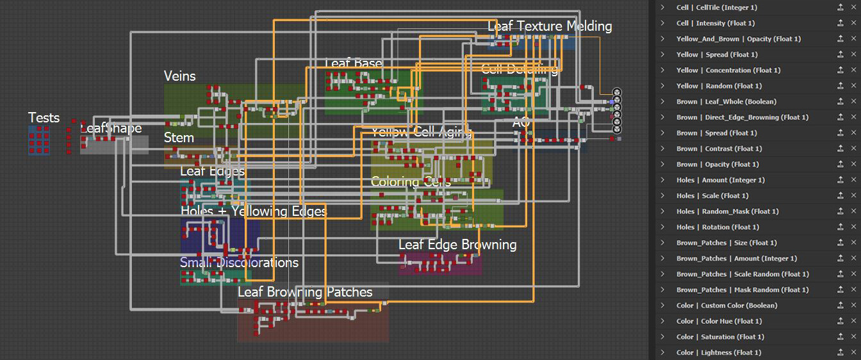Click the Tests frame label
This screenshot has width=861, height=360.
[x=44, y=118]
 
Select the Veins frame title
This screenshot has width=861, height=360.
[x=180, y=76]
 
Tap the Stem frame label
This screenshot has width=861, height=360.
[x=179, y=138]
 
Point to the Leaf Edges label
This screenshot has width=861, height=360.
[x=212, y=171]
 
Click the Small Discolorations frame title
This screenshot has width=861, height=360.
[x=239, y=263]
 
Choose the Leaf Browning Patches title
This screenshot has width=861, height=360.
[x=305, y=292]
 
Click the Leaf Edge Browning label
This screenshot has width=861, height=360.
[x=457, y=245]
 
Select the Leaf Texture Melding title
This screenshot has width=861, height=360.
[x=550, y=26]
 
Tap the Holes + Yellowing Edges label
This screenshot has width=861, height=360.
[x=254, y=211]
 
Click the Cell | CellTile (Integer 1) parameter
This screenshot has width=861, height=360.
[x=717, y=8]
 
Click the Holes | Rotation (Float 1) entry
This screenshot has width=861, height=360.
[x=717, y=227]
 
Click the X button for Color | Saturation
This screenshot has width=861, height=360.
[x=853, y=337]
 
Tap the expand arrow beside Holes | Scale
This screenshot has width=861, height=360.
[x=662, y=196]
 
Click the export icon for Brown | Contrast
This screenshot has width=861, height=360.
[x=840, y=149]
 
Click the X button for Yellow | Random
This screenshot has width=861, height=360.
[x=853, y=86]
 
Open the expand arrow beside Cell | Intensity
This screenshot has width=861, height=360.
[x=662, y=23]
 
